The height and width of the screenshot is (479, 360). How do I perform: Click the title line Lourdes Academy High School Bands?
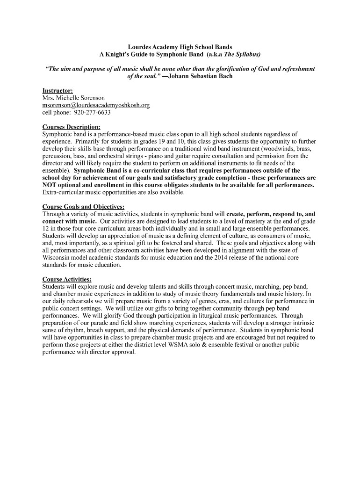(x=180, y=47)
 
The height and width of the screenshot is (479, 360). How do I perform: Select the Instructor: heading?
(x=58, y=90)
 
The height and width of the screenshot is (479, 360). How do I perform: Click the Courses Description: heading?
(x=71, y=127)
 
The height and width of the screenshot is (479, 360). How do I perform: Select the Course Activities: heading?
(x=66, y=279)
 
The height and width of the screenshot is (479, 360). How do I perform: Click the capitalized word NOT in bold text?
(x=50, y=185)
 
